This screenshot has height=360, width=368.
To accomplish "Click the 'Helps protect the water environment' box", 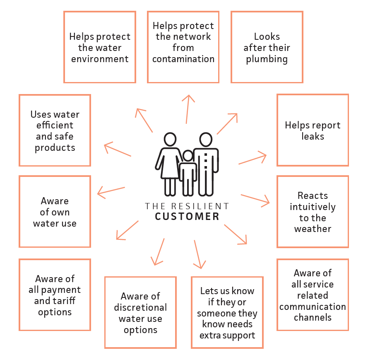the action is click(x=100, y=47).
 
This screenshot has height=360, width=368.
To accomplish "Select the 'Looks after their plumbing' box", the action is click(x=267, y=47).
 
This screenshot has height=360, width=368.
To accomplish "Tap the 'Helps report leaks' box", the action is click(x=313, y=130).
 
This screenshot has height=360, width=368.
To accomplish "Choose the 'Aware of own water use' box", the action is click(x=55, y=211).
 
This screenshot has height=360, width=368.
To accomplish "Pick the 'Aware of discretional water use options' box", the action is click(x=140, y=312).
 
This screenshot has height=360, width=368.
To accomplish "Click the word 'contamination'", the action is click(x=183, y=59).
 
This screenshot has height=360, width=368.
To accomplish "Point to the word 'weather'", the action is click(x=313, y=229).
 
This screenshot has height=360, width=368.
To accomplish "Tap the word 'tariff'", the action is click(x=66, y=301).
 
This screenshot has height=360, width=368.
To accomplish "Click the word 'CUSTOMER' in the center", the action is click(x=187, y=217).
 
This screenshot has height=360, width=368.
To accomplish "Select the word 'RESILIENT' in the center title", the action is click(x=200, y=206).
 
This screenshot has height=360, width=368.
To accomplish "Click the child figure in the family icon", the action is click(x=188, y=173).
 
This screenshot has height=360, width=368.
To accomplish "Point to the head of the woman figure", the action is click(x=170, y=139).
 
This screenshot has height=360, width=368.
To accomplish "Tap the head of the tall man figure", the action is click(x=206, y=140).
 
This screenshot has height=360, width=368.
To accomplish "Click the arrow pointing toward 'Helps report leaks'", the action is click(x=253, y=158).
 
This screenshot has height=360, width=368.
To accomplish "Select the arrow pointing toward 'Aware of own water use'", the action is click(x=111, y=192).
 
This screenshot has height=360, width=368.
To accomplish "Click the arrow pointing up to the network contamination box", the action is click(x=188, y=109).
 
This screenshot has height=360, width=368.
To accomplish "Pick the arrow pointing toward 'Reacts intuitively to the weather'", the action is click(x=255, y=201).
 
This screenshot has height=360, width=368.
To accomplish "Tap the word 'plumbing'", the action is click(x=267, y=59).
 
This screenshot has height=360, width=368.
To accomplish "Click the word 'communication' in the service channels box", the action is click(x=313, y=307).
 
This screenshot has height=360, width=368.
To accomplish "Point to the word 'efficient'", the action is click(x=55, y=125).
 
